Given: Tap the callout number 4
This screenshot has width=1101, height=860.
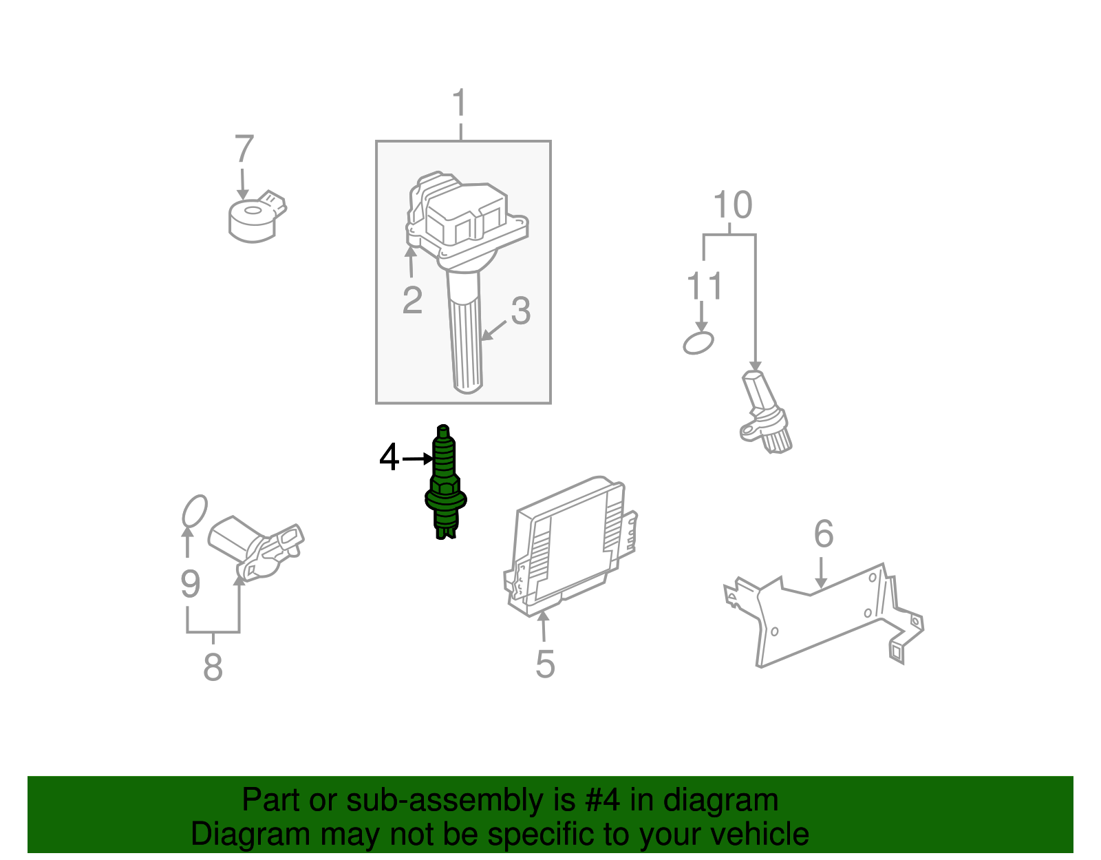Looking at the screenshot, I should point(389,458).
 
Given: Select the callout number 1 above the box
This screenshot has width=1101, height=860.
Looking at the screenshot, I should point(460,104).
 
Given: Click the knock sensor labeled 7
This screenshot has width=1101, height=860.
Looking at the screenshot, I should point(253,218).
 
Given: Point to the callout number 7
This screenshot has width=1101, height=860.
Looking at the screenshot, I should point(244,149).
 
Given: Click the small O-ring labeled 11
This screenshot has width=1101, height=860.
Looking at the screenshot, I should point(698,342).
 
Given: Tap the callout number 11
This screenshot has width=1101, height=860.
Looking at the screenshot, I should point(705,286).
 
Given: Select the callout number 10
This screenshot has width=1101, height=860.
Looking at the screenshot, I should point(732,205).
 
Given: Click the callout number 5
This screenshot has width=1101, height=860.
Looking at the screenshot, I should point(545,664).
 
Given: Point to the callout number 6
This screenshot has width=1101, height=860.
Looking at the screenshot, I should point(824,534).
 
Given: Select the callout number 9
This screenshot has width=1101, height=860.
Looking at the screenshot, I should point(191,584).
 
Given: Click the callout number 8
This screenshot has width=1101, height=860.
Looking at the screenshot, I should point(213,667).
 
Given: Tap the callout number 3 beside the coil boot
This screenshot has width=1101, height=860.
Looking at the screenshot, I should point(521,311).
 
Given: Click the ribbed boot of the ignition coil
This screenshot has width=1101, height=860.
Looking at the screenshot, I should point(465,344).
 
